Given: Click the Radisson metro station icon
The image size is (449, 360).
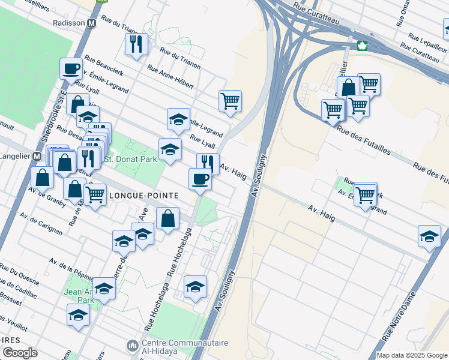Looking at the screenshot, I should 92,23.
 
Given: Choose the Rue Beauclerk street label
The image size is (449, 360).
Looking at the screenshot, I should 105,64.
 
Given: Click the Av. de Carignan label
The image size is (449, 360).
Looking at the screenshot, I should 40,223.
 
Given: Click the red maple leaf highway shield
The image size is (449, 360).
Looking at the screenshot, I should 362,46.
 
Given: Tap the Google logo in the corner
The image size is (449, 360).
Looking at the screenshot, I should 20,353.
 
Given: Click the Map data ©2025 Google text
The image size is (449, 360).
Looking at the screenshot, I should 412,355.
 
